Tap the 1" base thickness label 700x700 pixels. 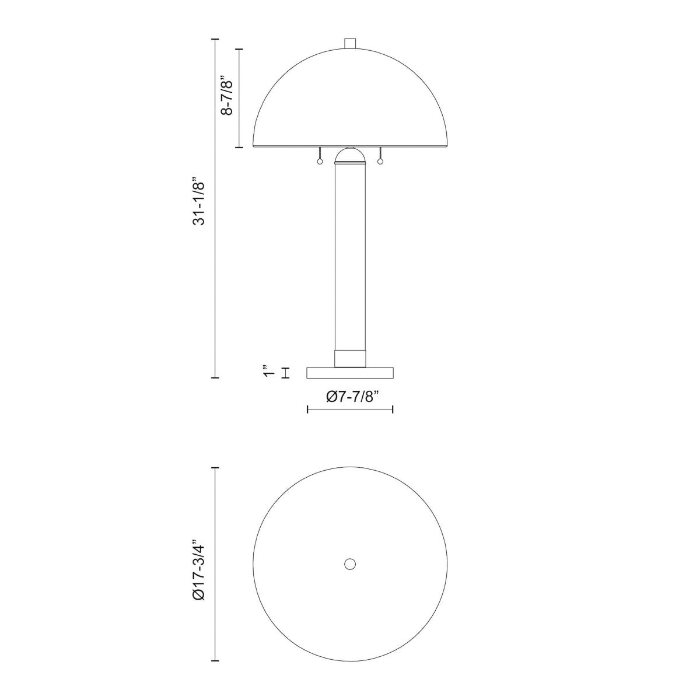(x=268, y=372)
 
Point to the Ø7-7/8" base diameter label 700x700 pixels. (x=351, y=397)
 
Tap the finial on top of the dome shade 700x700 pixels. (x=350, y=43)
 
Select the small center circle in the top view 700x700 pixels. (x=350, y=563)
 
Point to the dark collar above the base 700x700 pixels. (x=350, y=358)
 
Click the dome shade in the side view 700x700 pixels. (x=350, y=99)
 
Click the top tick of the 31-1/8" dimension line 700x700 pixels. (x=215, y=39)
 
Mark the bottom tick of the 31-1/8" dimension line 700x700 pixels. (x=215, y=378)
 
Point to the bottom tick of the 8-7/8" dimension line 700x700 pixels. (x=239, y=148)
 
